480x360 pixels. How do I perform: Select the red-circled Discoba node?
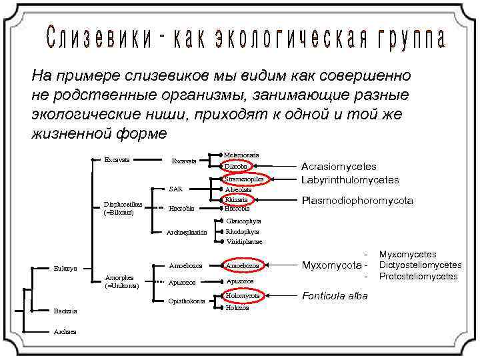(236, 166)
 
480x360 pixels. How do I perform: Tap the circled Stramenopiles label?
(245, 179)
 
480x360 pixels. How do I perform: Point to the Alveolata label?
(238, 189)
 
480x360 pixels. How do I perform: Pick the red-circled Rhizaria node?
(237, 199)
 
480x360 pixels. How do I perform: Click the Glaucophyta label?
(243, 221)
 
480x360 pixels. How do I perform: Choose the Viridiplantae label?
(244, 242)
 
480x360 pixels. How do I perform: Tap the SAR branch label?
(176, 189)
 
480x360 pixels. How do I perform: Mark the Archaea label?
(65, 331)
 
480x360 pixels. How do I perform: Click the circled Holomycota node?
(242, 295)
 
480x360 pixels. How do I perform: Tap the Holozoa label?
(237, 308)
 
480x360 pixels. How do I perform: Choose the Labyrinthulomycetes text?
(350, 180)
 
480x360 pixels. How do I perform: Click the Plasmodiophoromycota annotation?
(357, 201)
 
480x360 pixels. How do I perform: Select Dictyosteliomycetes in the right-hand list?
(420, 265)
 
